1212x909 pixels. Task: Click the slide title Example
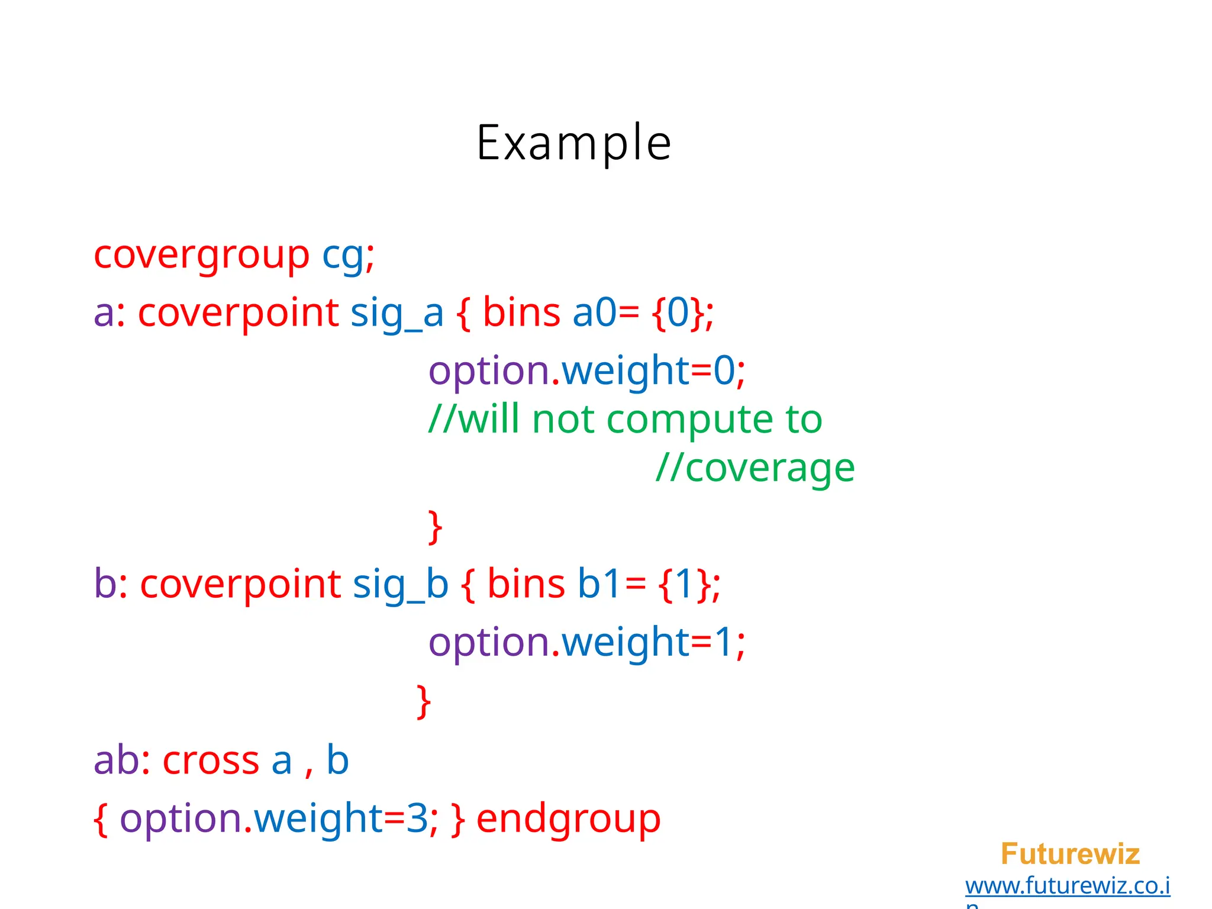pyautogui.click(x=573, y=143)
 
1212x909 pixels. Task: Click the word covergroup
pyautogui.click(x=201, y=256)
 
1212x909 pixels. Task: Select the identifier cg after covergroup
pyautogui.click(x=342, y=256)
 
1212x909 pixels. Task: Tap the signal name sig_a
pyautogui.click(x=397, y=313)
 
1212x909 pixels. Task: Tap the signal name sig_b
pyautogui.click(x=400, y=585)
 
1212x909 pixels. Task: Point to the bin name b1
pyautogui.click(x=598, y=585)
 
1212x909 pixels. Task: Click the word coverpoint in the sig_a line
pyautogui.click(x=238, y=313)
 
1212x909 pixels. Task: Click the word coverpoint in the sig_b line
pyautogui.click(x=240, y=585)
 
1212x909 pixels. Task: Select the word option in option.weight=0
pyautogui.click(x=489, y=371)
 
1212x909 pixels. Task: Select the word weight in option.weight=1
pyautogui.click(x=625, y=642)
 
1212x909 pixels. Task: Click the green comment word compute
pyautogui.click(x=689, y=420)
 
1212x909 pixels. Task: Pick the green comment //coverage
pyautogui.click(x=755, y=469)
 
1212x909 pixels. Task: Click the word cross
pyautogui.click(x=211, y=761)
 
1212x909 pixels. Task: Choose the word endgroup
pyautogui.click(x=568, y=820)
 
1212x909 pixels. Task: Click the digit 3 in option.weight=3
pyautogui.click(x=417, y=819)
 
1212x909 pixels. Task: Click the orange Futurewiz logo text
pyautogui.click(x=1070, y=854)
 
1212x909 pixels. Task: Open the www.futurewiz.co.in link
pyautogui.click(x=1067, y=886)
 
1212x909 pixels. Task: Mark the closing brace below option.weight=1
pyautogui.click(x=423, y=702)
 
